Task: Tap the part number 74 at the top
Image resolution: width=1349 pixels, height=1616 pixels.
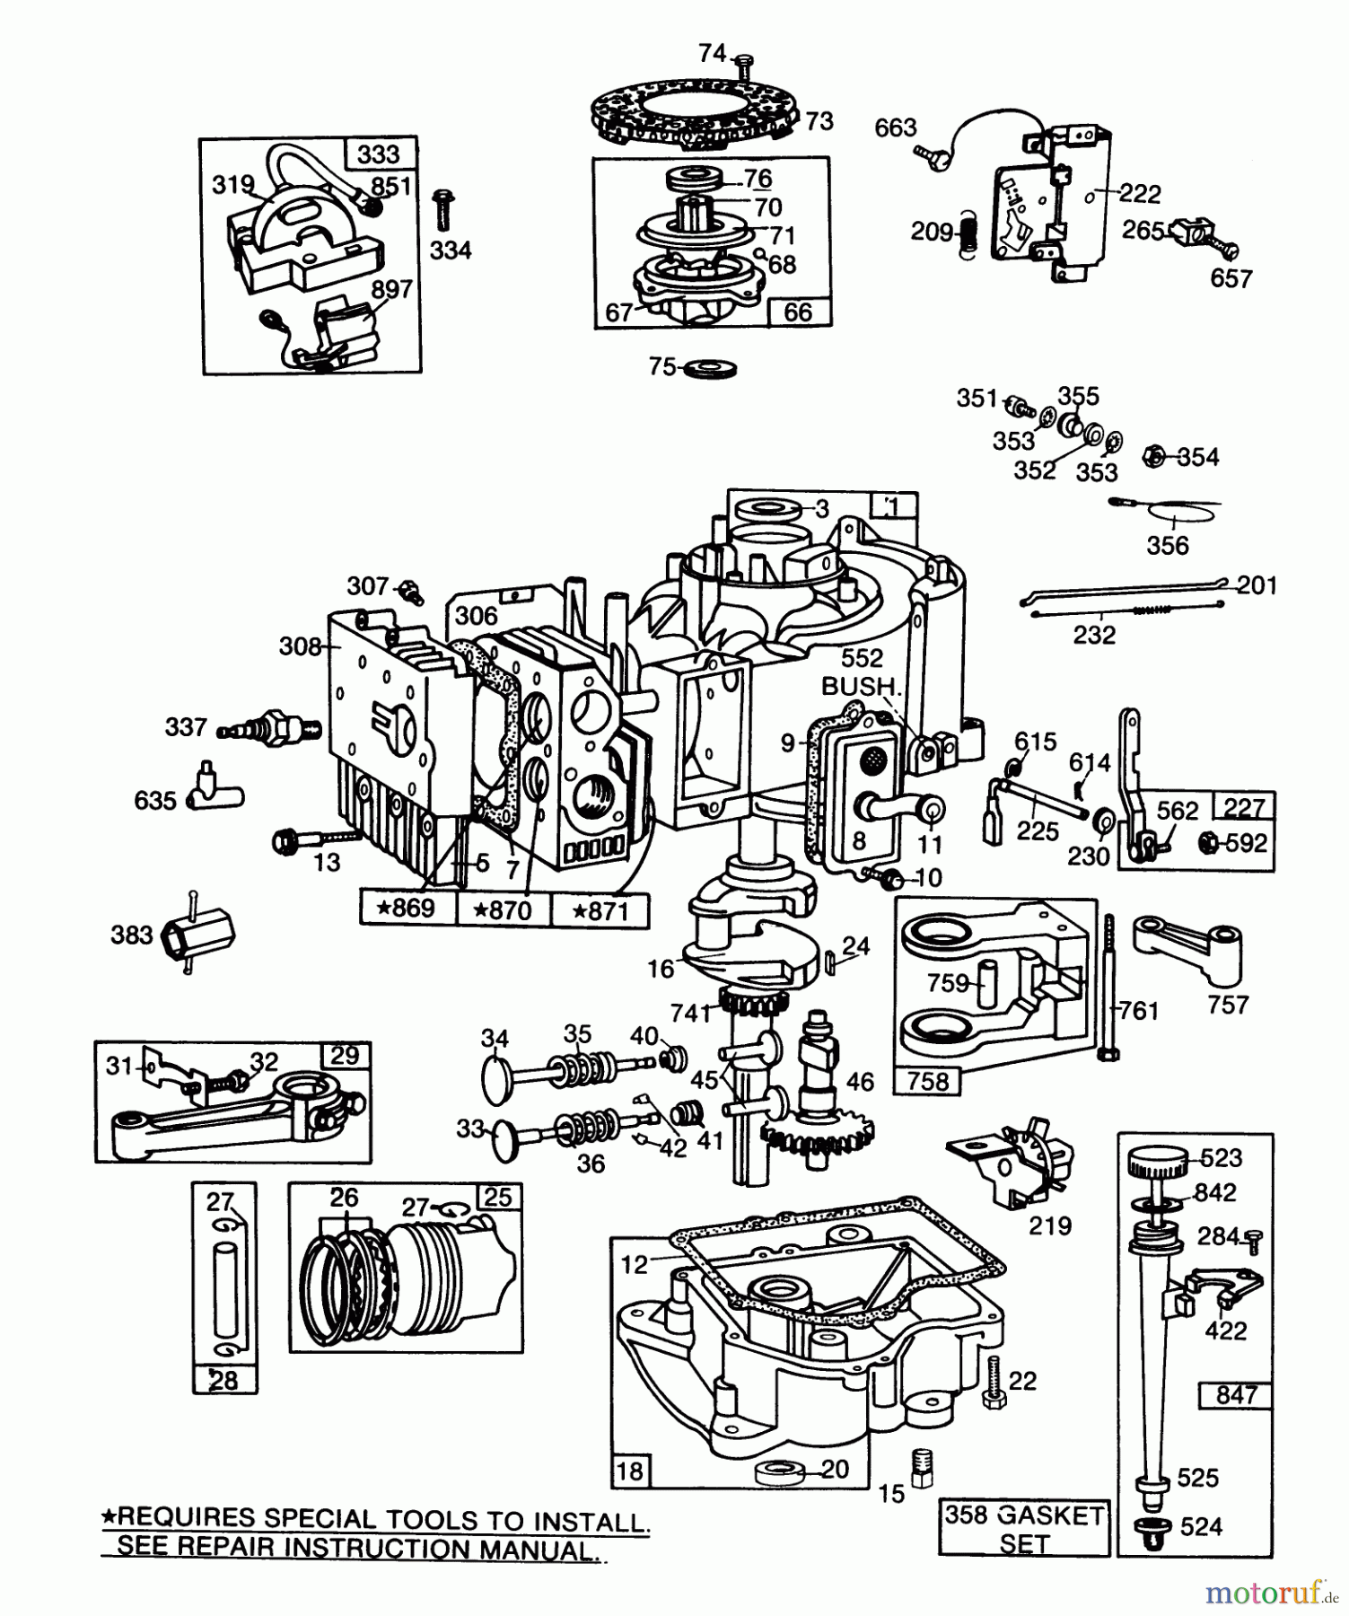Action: coord(713,54)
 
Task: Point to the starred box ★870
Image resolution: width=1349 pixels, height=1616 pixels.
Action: coord(504,909)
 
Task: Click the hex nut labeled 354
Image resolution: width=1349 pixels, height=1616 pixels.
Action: coord(1155,457)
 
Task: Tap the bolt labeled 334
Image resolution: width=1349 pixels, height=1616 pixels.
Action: coord(441,211)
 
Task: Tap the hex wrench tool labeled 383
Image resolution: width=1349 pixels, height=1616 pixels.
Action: coord(197,936)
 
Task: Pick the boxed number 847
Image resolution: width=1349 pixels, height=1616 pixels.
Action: coord(1236,1395)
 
